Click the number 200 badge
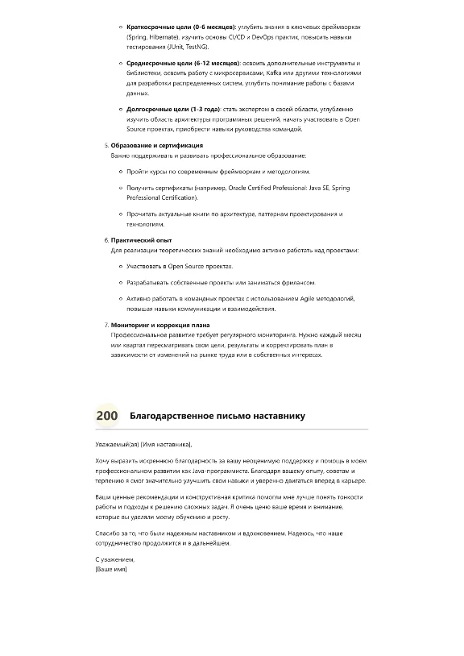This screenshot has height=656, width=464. coord(107,416)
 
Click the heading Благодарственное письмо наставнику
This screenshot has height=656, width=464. coord(217,416)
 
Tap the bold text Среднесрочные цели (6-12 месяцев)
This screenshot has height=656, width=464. coord(182,63)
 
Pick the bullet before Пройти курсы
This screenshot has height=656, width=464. coord(120,172)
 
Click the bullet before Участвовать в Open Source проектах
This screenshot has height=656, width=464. coord(120,266)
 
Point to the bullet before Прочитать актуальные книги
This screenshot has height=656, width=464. coord(120,214)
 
